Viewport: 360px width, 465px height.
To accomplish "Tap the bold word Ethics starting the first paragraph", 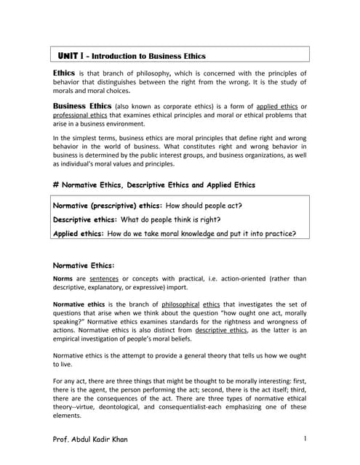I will tap(64, 73).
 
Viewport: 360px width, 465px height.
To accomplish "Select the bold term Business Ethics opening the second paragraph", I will tap(82, 106).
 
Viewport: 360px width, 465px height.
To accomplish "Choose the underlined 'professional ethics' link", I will tap(81, 116).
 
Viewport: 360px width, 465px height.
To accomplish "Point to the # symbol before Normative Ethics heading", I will tap(56, 185).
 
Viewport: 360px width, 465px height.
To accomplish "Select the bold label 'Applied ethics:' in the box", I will tap(79, 233).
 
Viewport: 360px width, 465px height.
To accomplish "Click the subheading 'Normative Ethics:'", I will tap(84, 265).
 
